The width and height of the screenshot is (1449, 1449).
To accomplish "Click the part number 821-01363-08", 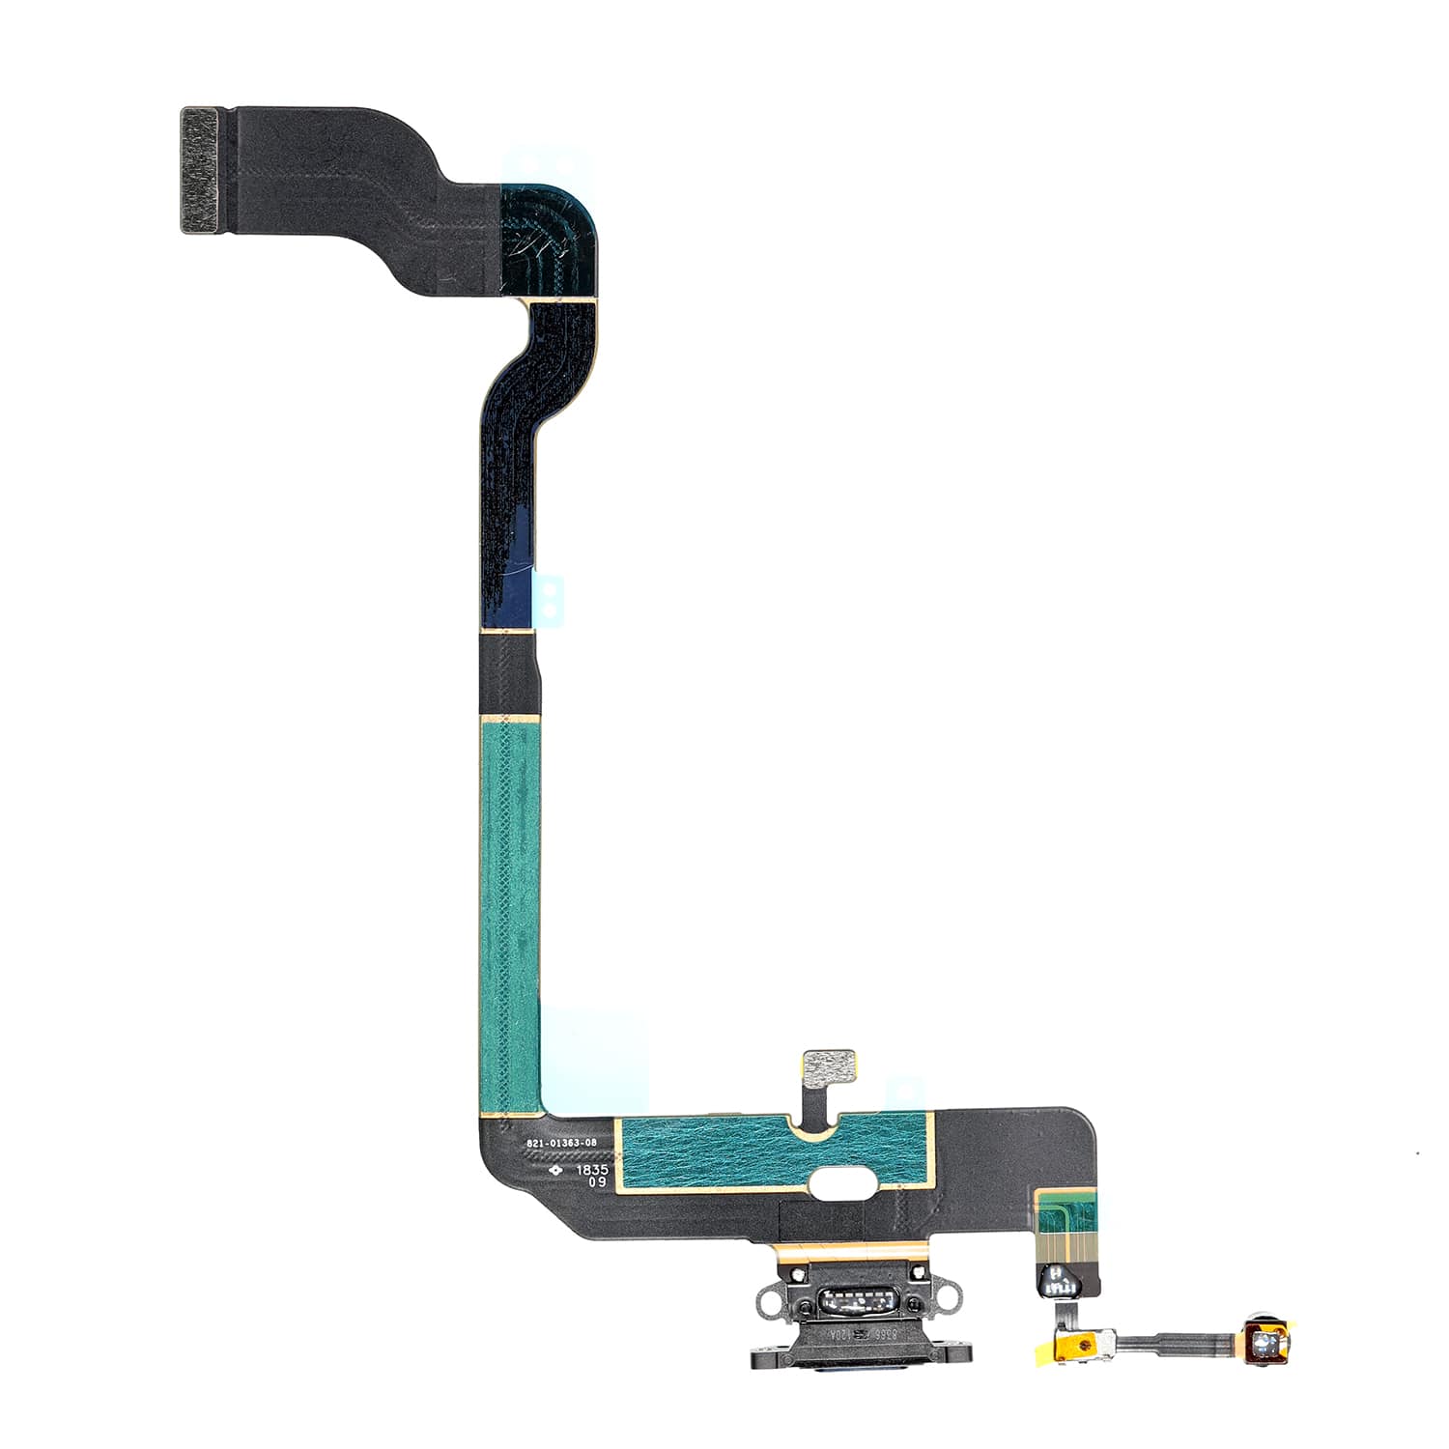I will [561, 1143].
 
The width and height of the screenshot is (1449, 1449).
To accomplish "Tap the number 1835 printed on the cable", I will [592, 1169].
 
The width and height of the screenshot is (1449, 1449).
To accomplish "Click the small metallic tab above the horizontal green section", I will [830, 1065].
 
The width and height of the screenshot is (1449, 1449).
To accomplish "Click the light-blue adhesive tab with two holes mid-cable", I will [549, 598].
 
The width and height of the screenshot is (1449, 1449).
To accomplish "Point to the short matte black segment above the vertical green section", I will [508, 674].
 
